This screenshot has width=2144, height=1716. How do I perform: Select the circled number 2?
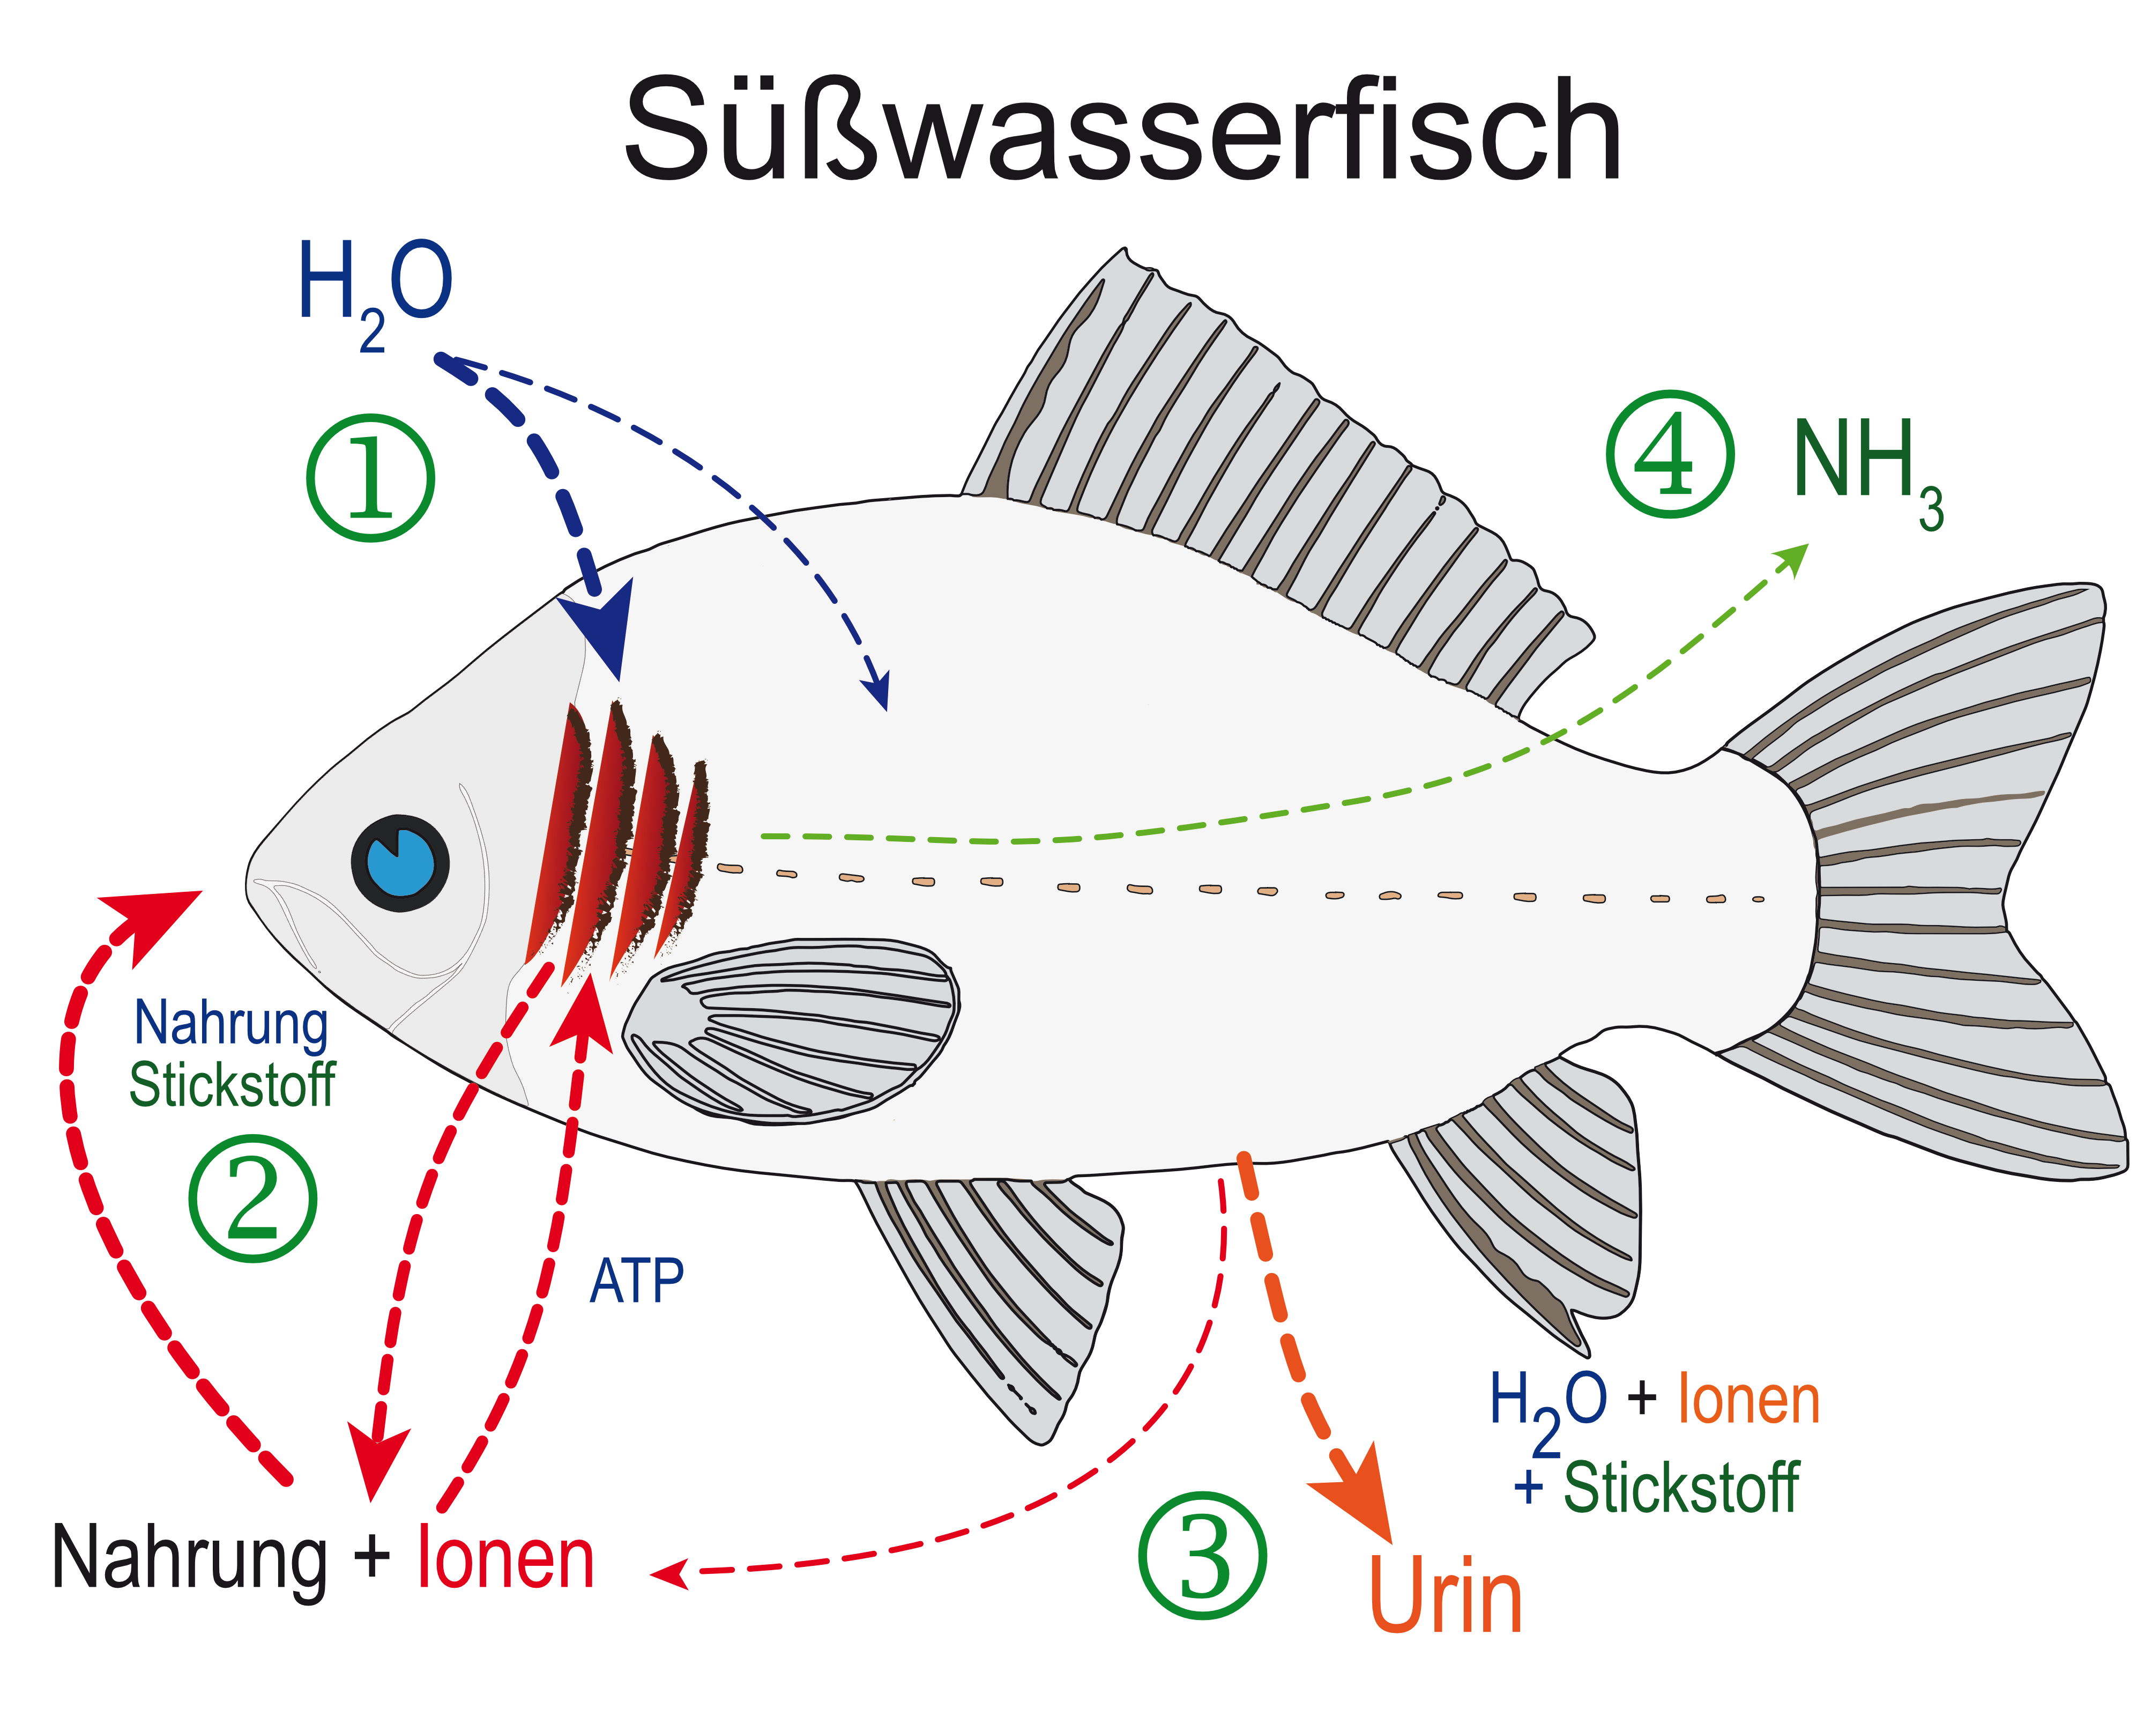252,1199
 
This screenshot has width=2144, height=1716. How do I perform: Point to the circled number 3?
1202,1557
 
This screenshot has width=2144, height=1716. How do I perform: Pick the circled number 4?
1671,455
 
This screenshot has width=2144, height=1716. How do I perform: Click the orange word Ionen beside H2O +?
1749,1401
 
